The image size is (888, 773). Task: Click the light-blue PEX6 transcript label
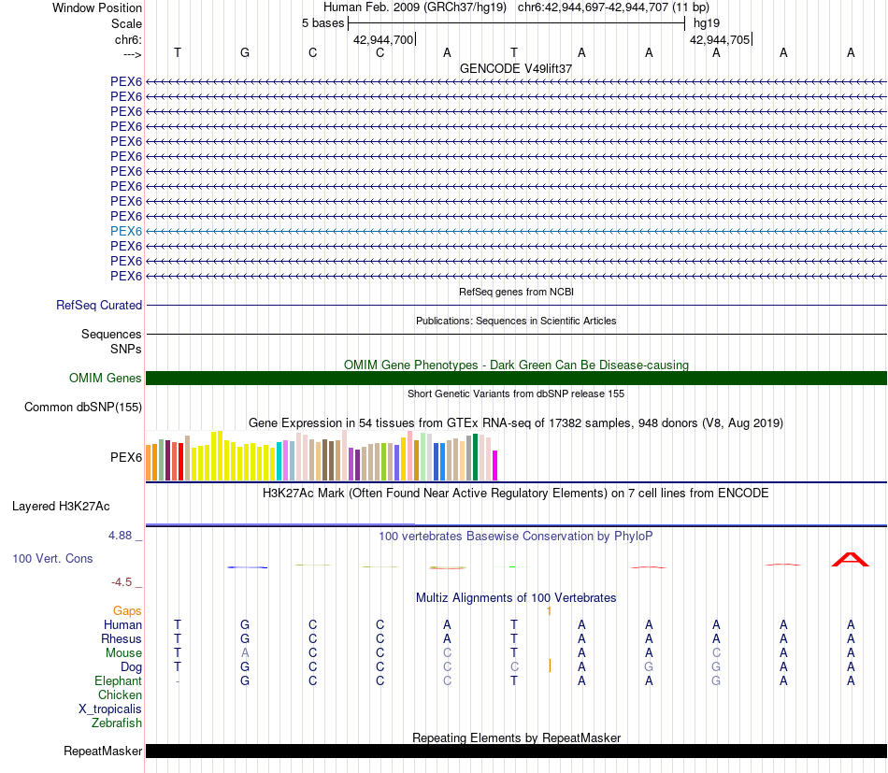pos(126,231)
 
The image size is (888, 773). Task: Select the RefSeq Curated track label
pos(99,305)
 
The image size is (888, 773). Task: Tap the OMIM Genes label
pos(106,379)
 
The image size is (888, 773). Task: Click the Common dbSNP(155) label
pos(83,407)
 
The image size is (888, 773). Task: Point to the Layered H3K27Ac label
pos(61,507)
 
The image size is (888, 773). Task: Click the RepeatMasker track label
pos(103,751)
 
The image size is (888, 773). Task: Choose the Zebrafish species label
pos(117,723)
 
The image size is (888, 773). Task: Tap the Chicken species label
pos(120,694)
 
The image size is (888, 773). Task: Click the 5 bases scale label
pos(322,22)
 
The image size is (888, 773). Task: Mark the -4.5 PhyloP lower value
pos(122,581)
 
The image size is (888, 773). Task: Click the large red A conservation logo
pos(851,559)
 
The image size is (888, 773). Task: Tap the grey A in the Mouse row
pos(245,652)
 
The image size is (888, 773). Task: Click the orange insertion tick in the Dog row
pos(550,666)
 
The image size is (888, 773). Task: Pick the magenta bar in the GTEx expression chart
pos(495,465)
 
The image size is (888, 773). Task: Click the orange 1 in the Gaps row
pos(549,610)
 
